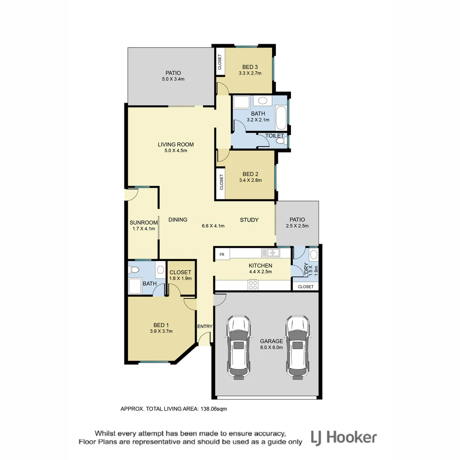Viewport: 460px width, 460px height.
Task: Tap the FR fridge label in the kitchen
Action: click(222, 254)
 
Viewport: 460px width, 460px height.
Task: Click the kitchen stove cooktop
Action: click(253, 284)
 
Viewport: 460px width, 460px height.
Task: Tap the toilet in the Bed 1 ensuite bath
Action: click(135, 270)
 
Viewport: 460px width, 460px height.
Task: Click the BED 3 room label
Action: click(250, 67)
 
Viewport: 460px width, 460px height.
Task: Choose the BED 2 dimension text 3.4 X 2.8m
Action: click(250, 180)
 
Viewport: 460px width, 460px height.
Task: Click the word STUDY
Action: click(249, 220)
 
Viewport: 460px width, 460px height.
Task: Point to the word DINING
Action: click(178, 220)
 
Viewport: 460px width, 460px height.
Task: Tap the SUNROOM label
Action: click(144, 222)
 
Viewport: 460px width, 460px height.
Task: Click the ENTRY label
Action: click(205, 326)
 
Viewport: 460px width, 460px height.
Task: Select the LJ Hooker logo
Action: click(344, 437)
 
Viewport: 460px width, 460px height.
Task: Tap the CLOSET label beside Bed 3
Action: click(220, 62)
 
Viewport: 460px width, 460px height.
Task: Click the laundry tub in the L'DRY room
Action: click(313, 255)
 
